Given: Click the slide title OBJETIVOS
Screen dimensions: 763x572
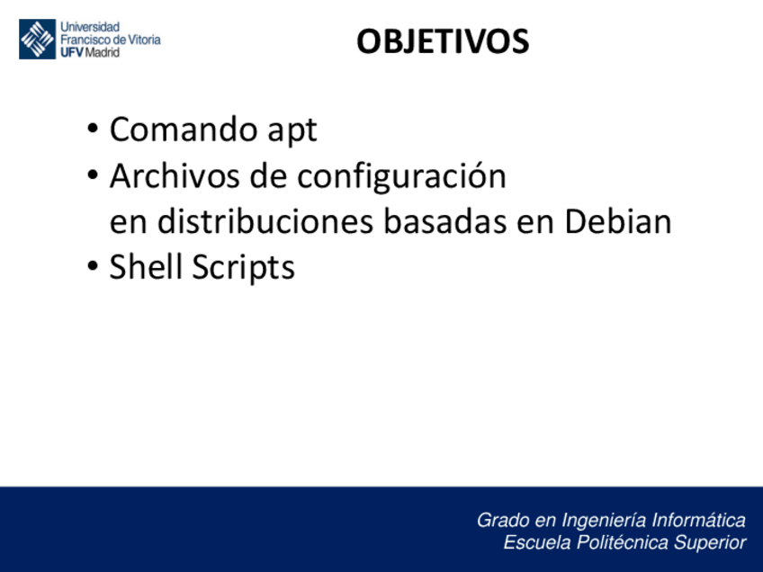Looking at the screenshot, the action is [x=443, y=41].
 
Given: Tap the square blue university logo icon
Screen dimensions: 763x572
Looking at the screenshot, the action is [x=38, y=39].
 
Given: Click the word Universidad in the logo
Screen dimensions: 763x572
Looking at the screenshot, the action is [x=90, y=27].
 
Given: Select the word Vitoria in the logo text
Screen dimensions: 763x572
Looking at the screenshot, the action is [x=144, y=40].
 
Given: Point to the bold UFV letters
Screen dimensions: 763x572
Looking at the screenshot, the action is [x=72, y=52].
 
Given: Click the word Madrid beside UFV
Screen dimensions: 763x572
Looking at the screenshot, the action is [x=103, y=52].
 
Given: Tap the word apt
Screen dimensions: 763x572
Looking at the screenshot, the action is [x=292, y=131].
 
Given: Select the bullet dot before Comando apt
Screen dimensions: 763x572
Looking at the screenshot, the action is [x=93, y=129].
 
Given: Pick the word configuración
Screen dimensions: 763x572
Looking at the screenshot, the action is [x=402, y=176].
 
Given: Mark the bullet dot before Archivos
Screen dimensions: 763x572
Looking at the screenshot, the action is [x=93, y=174].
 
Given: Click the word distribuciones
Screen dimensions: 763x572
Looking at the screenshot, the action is [x=265, y=221].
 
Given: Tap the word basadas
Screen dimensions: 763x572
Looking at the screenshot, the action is [x=445, y=221].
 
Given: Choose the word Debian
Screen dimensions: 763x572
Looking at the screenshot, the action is [x=618, y=221].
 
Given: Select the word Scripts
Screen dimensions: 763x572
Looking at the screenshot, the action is [x=243, y=268].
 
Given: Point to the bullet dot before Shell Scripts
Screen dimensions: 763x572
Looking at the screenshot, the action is [x=93, y=266].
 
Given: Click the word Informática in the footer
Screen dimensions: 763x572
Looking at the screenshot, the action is [x=698, y=520].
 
